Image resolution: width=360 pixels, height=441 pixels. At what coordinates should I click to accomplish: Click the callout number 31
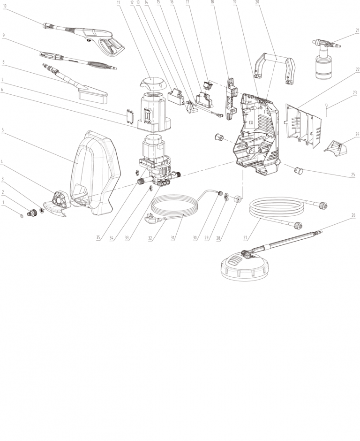172,238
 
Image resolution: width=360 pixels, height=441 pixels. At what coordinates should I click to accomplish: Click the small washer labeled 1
22,216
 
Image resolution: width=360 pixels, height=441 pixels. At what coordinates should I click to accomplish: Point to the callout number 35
98,238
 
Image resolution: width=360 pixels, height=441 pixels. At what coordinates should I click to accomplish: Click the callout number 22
357,69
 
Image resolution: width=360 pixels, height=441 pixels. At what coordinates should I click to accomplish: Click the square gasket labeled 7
128,114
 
